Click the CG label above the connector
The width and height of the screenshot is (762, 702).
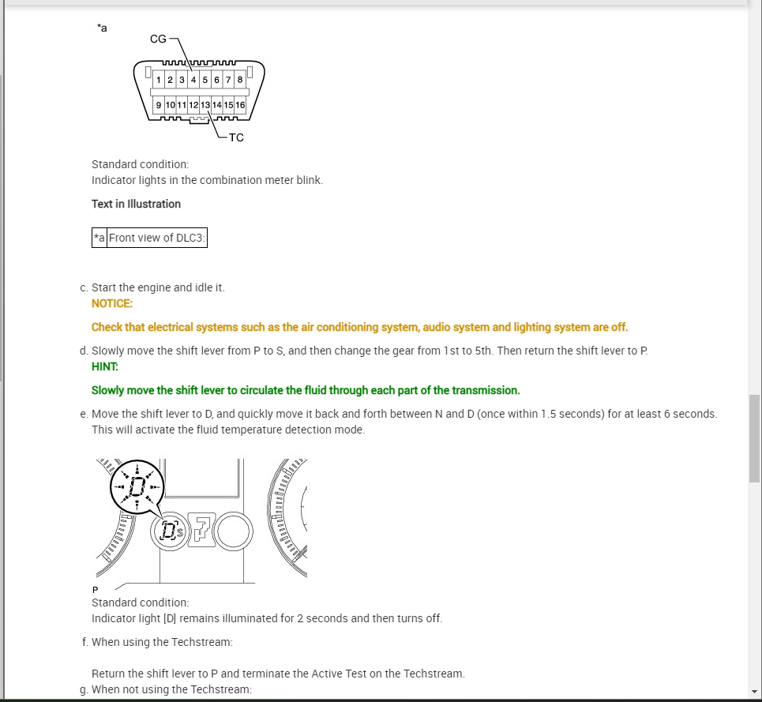click(158, 39)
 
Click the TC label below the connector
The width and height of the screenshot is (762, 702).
click(236, 137)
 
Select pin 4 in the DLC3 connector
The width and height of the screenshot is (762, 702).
click(193, 80)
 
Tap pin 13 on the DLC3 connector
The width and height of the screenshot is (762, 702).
click(205, 105)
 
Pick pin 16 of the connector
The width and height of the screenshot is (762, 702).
click(240, 105)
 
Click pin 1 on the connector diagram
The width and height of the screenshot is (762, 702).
click(159, 80)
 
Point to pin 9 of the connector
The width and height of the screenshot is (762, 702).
click(159, 105)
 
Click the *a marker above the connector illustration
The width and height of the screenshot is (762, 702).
click(102, 28)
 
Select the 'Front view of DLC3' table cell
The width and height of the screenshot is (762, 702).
click(156, 238)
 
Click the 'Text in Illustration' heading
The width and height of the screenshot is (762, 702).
click(136, 204)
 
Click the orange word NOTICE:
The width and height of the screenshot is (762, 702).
click(112, 303)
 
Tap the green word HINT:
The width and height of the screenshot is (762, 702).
click(104, 366)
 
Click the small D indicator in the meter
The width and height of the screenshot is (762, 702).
click(167, 531)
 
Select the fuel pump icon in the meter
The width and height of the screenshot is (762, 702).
click(202, 530)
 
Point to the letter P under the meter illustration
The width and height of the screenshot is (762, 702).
click(95, 590)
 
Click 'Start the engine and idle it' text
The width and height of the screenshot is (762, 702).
click(158, 287)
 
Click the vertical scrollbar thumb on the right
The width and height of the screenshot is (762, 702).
click(754, 438)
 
